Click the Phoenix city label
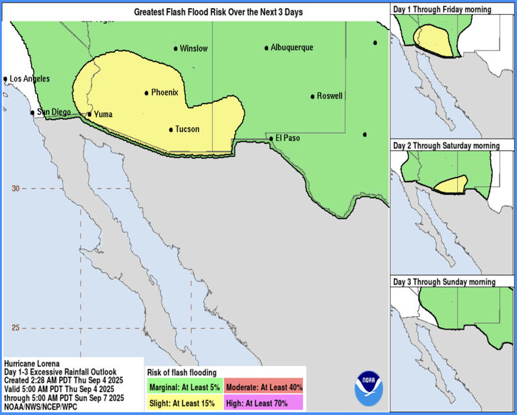(164, 93)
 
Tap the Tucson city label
(187, 129)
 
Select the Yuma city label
(103, 114)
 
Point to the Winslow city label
(194, 48)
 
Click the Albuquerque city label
(291, 48)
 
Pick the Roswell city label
(329, 96)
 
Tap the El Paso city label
(287, 139)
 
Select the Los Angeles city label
(29, 79)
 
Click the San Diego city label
(53, 112)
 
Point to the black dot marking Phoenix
(146, 93)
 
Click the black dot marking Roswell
(312, 96)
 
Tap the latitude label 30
(15, 188)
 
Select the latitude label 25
(15, 328)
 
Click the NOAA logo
(368, 388)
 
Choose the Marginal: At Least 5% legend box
(184, 386)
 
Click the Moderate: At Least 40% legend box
(265, 386)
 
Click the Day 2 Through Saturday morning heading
(446, 145)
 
